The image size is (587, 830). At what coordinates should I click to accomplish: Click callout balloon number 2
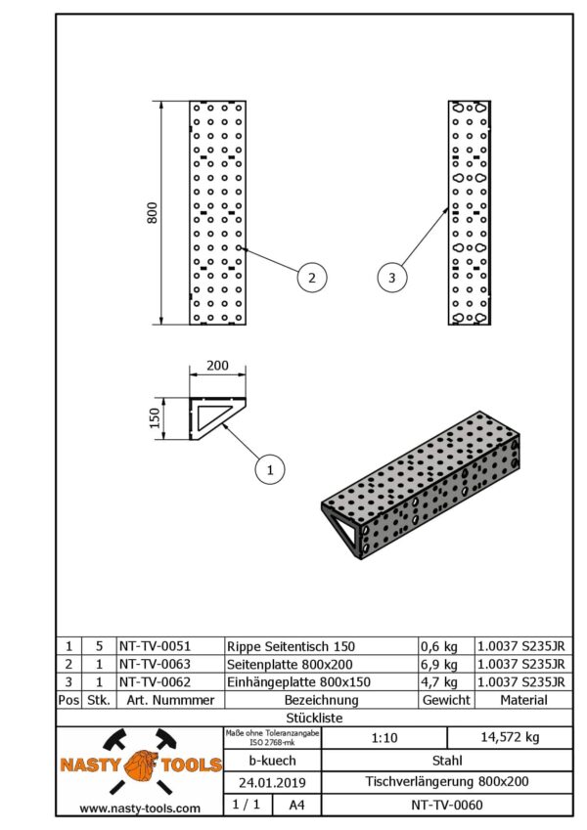tap(311, 278)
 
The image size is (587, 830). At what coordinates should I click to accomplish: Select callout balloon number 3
tap(392, 279)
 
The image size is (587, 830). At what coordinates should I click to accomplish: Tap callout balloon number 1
tap(269, 470)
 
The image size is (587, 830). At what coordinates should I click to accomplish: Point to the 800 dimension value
tap(152, 213)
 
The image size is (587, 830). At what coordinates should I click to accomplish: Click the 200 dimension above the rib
tap(217, 366)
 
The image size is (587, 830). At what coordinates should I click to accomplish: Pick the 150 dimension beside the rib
tap(153, 418)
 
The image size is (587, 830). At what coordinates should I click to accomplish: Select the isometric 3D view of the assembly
tap(421, 485)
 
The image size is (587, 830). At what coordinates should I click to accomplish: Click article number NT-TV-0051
tap(155, 646)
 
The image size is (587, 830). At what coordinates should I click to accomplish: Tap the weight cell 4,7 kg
tap(438, 681)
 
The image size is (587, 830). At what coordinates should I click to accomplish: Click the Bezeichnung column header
tap(321, 700)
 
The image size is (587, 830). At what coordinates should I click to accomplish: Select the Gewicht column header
tap(446, 700)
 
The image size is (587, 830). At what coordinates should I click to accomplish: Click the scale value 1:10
tap(384, 738)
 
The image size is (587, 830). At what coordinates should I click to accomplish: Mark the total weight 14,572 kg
tap(509, 738)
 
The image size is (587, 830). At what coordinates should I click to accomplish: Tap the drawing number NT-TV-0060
tap(446, 806)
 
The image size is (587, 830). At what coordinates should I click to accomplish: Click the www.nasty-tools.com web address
tap(140, 808)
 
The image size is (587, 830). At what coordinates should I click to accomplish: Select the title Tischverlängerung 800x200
tap(446, 783)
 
